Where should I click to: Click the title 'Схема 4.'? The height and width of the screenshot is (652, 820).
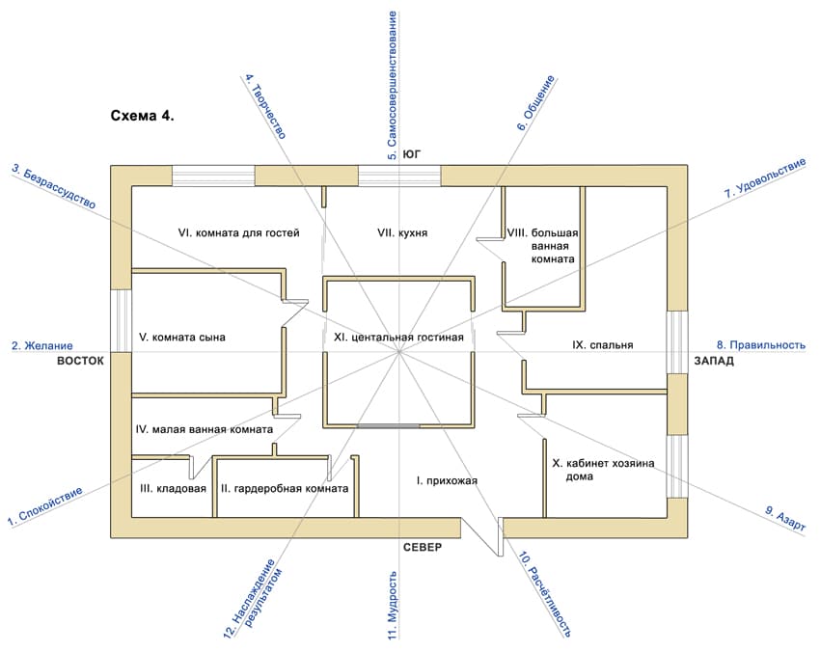tap(142, 116)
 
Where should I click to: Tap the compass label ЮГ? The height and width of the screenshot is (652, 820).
tap(412, 154)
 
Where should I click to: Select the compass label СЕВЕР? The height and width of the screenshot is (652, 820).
tap(423, 547)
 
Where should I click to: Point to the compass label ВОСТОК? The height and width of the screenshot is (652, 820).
tap(80, 361)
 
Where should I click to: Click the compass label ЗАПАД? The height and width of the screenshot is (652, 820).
tap(714, 361)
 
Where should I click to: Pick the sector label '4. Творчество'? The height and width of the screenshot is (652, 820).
tap(265, 107)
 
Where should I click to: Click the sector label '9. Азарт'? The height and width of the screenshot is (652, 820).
tap(785, 519)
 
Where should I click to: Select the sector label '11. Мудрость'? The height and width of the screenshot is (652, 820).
tap(393, 605)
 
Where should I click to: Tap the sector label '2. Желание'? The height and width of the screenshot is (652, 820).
tap(42, 345)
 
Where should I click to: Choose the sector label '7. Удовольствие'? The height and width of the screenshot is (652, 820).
tap(765, 177)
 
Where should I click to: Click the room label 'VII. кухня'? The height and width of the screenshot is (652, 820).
tap(402, 232)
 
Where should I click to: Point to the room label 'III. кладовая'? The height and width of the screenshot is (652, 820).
tap(173, 488)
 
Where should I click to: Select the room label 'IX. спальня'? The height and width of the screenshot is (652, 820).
tap(602, 345)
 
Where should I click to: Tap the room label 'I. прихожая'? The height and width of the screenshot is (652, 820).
tap(447, 480)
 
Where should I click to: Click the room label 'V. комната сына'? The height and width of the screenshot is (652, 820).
tap(182, 338)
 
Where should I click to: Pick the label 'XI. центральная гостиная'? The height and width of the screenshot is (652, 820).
tap(399, 338)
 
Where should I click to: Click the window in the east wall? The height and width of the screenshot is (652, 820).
tap(121, 320)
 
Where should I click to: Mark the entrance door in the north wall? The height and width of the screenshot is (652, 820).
tap(482, 537)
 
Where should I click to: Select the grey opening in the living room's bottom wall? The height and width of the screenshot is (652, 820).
tap(388, 426)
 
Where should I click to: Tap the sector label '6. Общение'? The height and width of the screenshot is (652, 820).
tap(535, 103)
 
